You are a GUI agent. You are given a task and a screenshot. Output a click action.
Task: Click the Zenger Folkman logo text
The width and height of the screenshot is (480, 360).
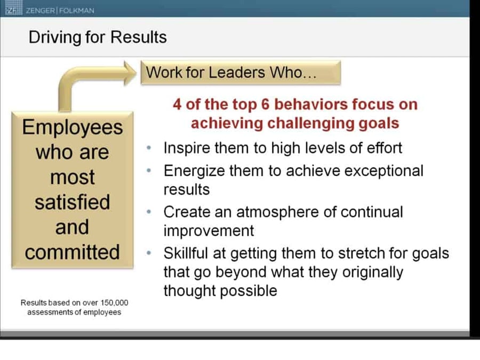[x=60, y=11]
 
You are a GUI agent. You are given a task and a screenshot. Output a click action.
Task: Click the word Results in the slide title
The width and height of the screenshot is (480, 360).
[x=138, y=37]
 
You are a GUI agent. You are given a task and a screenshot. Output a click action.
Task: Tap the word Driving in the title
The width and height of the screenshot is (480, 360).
[x=55, y=38]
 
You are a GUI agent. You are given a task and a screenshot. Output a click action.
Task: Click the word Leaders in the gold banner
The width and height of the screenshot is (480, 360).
[x=237, y=73]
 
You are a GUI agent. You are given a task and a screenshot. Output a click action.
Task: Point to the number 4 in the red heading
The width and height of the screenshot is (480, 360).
[x=177, y=105]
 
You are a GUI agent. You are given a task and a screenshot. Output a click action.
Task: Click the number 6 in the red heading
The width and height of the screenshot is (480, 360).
[x=266, y=105]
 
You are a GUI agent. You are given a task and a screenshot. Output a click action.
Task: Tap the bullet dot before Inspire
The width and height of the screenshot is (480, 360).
[x=149, y=148]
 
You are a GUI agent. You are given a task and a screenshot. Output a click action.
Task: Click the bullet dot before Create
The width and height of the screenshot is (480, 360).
[x=149, y=212]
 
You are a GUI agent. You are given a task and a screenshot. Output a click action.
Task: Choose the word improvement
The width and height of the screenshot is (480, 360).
[x=209, y=231]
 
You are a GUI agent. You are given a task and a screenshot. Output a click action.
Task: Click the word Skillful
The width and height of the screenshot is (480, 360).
[x=186, y=253]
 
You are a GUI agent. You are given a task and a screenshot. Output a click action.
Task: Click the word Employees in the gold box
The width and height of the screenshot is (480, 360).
[x=73, y=128]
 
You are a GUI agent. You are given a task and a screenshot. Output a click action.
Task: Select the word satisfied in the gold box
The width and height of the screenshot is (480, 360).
[x=72, y=202]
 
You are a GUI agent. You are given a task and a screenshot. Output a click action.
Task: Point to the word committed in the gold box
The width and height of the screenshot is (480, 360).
[x=72, y=252]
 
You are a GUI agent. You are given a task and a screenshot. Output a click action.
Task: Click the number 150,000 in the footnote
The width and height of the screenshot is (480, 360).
[x=114, y=303]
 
